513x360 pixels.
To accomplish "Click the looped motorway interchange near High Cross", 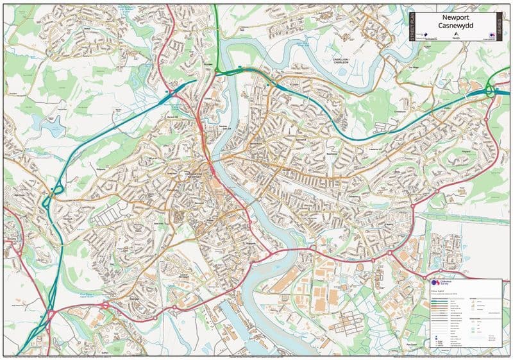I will pyautogui.click(x=55, y=191).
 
